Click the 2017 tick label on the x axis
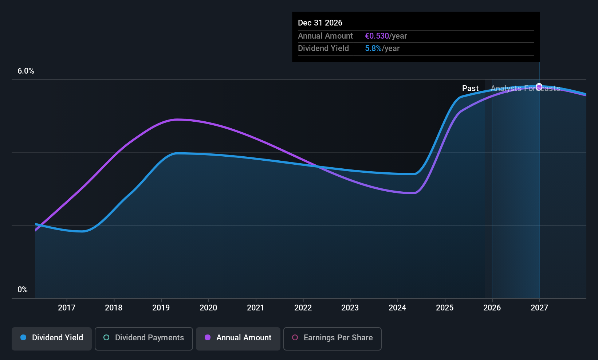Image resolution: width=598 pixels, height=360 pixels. click(67, 308)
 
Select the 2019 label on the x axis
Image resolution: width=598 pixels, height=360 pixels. click(161, 308)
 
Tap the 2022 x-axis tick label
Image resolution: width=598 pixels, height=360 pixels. click(303, 308)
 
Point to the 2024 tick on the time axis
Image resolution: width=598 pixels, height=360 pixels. click(397, 308)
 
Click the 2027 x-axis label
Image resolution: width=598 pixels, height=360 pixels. click(539, 308)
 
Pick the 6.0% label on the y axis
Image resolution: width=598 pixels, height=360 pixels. click(26, 71)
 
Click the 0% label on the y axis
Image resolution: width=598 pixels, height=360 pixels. click(23, 290)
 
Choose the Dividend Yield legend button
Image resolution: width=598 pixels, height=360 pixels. click(52, 338)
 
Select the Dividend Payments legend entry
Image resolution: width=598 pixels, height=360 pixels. click(144, 338)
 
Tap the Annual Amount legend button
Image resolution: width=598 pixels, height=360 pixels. click(238, 338)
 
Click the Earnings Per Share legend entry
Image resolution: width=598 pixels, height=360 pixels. click(332, 338)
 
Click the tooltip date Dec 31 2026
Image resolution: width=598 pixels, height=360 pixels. click(320, 23)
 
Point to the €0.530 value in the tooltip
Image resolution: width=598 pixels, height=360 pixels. click(377, 36)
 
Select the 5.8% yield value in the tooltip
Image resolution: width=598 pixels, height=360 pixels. click(373, 48)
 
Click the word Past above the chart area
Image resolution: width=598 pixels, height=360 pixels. click(470, 89)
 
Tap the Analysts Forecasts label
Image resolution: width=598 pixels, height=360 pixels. click(525, 89)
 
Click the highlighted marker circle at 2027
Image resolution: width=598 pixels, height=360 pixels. click(539, 87)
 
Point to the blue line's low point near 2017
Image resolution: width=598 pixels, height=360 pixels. click(83, 231)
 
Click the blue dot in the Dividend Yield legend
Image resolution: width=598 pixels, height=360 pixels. click(23, 338)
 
